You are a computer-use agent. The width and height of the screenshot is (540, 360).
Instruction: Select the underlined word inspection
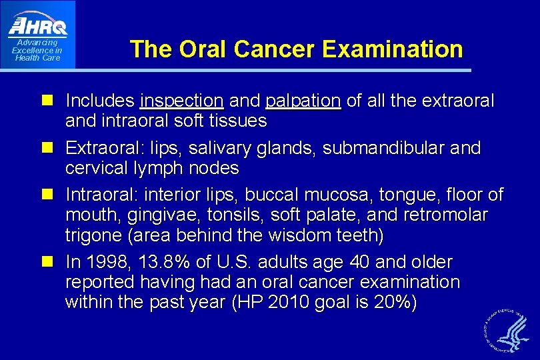(x=181, y=101)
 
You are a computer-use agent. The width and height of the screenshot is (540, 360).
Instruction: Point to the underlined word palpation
(x=303, y=101)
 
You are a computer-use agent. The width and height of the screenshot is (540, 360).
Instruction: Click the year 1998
(x=107, y=262)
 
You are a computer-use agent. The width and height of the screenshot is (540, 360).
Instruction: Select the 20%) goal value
(x=395, y=303)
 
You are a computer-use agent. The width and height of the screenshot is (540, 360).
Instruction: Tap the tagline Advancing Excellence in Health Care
(x=37, y=51)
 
